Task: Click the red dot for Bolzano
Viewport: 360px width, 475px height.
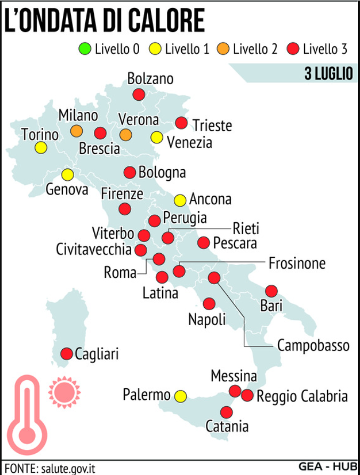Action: pos(139,95)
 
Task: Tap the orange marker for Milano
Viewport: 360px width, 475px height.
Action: pos(77,130)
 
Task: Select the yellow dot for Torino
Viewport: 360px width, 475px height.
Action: pos(41,148)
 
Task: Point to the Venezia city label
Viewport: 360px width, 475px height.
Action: pos(189,142)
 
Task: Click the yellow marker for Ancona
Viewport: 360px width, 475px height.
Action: pos(180,200)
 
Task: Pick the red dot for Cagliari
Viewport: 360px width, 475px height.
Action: pos(67,353)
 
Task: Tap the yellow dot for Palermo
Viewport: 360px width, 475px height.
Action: pos(181,396)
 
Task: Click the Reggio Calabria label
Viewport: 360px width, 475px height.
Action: pos(302,397)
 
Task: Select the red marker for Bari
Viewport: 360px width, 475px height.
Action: pos(271,291)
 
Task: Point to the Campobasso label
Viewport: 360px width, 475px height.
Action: pos(313,345)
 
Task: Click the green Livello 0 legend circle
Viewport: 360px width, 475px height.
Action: pos(85,50)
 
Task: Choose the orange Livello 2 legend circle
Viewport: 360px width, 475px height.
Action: pos(223,50)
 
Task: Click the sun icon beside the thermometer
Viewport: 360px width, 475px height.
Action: pos(64,392)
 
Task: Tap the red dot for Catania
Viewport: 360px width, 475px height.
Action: pos(227,412)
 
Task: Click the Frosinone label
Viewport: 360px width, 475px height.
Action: pos(297,263)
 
